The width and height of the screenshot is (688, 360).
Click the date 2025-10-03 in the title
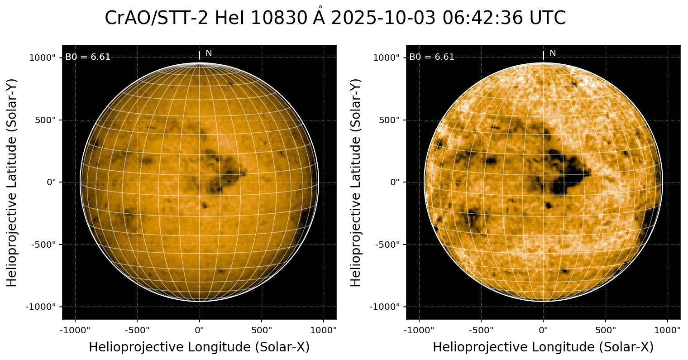[x=384, y=18]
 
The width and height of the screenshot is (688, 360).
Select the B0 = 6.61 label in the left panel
[x=88, y=57]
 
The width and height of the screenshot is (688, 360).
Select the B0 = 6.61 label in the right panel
[x=432, y=57]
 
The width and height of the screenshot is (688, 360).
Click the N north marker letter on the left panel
[x=209, y=53]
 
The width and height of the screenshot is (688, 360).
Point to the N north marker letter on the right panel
[x=553, y=53]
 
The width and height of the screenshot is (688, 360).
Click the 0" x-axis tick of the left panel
[x=200, y=330]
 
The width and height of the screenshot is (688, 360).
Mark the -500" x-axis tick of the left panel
[x=137, y=330]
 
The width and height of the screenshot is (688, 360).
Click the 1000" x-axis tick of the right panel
[x=668, y=330]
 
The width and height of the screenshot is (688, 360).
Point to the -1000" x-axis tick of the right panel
[x=419, y=330]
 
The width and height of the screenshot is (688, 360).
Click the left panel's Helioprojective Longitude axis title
[x=199, y=347]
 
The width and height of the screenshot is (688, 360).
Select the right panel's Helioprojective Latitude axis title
[x=356, y=182]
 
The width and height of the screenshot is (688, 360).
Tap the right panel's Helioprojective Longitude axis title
[x=543, y=347]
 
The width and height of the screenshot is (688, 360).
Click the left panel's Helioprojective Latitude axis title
[x=12, y=182]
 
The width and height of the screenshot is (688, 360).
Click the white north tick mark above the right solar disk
[x=543, y=55]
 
